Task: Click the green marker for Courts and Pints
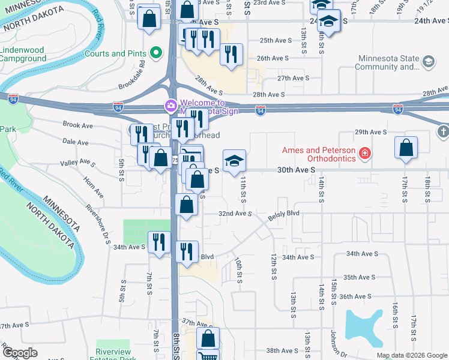[157, 53]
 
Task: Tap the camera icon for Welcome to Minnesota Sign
[171, 107]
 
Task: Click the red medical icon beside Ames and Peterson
[364, 154]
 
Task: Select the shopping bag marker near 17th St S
[406, 148]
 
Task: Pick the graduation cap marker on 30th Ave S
[234, 161]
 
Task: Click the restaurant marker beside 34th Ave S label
[158, 242]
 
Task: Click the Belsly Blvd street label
[283, 214]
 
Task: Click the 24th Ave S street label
[429, 20]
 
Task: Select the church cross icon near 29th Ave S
[442, 131]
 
